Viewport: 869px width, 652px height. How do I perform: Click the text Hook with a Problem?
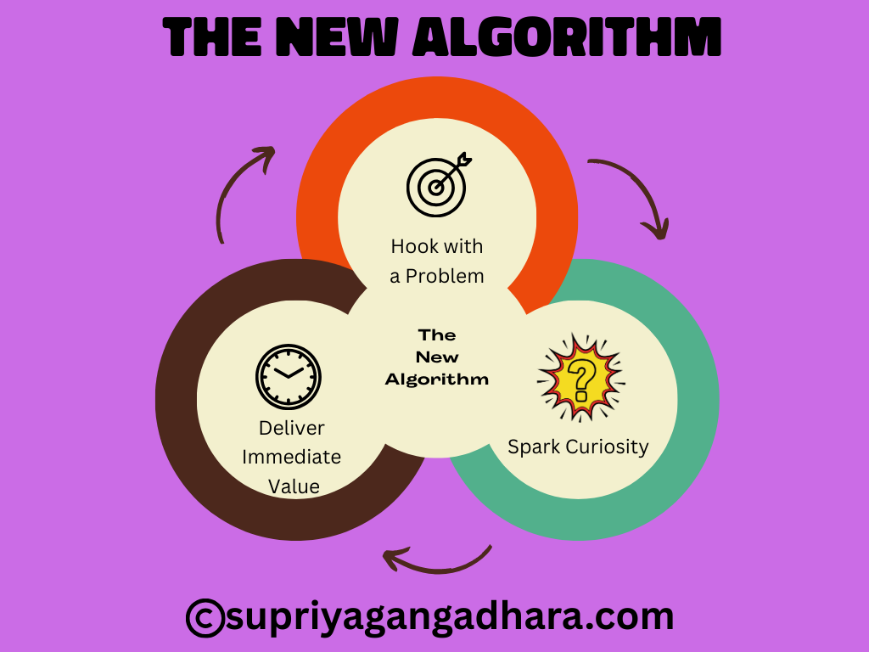(437, 261)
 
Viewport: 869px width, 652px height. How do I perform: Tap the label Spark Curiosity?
(578, 447)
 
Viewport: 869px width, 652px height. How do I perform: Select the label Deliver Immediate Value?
(292, 457)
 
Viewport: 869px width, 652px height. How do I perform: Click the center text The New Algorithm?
(437, 357)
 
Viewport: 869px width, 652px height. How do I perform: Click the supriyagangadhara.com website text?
(450, 615)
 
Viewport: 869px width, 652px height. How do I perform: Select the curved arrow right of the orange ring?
(632, 194)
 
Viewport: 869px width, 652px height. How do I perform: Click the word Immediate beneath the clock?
(292, 457)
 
